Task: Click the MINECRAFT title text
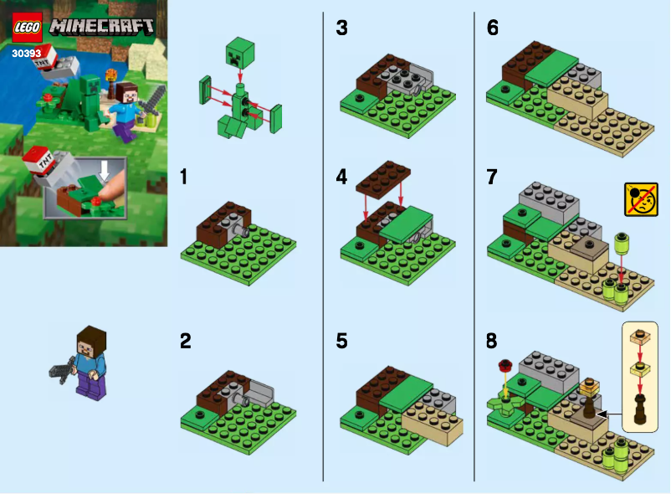point(102,26)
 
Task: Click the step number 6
point(493,28)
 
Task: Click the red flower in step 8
point(504,365)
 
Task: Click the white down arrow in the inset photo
point(103,170)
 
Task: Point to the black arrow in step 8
point(611,414)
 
